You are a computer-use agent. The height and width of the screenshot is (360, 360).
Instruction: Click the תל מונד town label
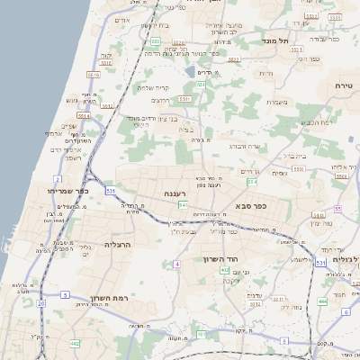275,41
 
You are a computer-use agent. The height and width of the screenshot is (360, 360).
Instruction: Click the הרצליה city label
119,244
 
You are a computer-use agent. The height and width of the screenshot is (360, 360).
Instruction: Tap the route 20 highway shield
40,303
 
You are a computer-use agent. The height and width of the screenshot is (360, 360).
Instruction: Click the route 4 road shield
177,264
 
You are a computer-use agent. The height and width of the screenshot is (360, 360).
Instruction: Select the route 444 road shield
321,301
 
